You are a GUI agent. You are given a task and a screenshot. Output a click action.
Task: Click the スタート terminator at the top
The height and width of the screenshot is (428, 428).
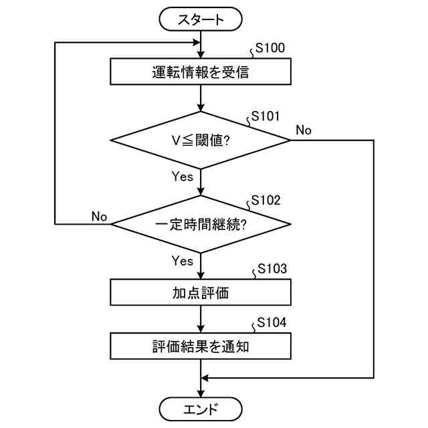tap(201, 19)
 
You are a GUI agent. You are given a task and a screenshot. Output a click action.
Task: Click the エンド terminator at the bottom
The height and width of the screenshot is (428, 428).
tap(201, 409)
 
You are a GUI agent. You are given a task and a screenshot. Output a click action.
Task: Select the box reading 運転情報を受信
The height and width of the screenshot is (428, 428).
tap(201, 72)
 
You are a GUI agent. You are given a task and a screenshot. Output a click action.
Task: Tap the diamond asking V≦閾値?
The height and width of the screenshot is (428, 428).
tap(201, 140)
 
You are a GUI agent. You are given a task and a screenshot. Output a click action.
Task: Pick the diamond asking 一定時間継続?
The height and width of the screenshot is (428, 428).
tap(201, 224)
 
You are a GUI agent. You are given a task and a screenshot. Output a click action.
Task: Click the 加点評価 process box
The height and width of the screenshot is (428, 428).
tap(201, 292)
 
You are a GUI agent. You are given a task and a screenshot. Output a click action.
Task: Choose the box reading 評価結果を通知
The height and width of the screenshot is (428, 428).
tap(201, 346)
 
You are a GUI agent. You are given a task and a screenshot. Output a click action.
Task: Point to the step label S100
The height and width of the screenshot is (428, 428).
tap(270, 48)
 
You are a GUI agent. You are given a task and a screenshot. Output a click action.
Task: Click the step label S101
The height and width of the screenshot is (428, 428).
tap(265, 116)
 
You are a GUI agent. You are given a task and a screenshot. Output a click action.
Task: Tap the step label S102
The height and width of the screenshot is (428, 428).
tap(265, 201)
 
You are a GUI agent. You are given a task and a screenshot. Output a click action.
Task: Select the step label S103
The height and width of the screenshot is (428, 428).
tap(272, 269)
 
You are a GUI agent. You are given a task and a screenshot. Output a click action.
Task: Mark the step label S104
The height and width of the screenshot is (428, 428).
tap(272, 322)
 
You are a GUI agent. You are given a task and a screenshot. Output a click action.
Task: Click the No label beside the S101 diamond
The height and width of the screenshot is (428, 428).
tap(304, 130)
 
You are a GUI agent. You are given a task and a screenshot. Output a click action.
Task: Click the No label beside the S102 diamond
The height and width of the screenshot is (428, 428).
tap(99, 217)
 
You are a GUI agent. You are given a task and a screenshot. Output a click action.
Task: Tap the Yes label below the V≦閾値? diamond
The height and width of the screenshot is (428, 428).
tap(183, 177)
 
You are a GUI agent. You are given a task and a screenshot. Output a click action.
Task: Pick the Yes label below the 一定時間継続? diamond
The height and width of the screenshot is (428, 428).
tap(183, 261)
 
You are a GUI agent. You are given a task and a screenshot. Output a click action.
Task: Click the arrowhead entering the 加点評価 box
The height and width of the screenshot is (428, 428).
tap(201, 275)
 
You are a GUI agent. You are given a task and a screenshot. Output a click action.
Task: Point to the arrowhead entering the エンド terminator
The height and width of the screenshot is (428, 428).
tap(201, 394)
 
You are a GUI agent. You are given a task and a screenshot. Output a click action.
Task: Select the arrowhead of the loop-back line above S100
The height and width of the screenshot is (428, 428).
tap(197, 43)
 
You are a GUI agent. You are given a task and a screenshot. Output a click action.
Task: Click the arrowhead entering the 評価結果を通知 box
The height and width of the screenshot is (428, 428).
tap(201, 329)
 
